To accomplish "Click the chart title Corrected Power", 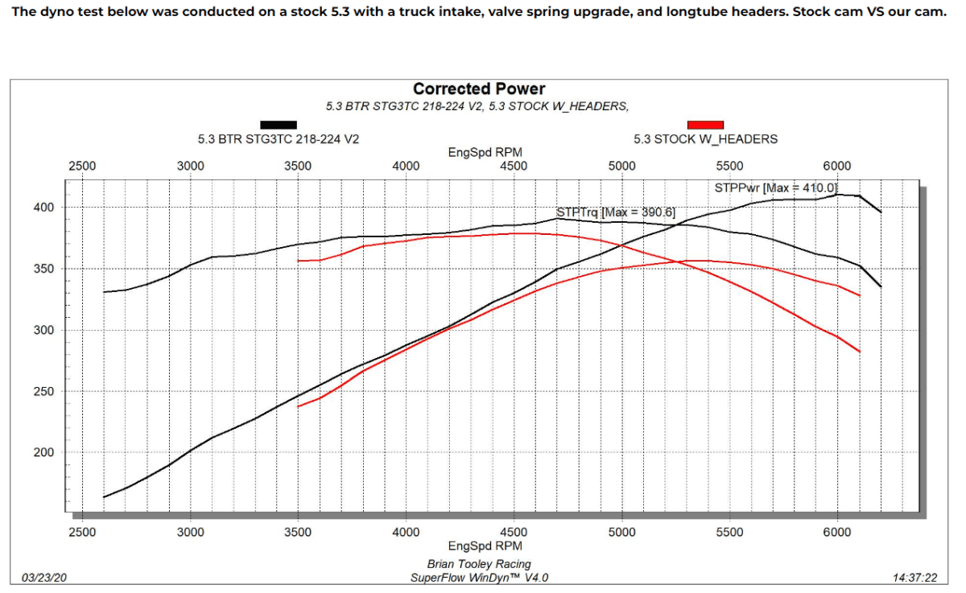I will click(479, 89).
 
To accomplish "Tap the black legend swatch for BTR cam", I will click(279, 125).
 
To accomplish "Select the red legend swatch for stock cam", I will click(705, 125).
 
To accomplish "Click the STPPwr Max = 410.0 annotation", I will click(777, 188).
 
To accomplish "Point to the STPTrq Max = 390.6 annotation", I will click(616, 212).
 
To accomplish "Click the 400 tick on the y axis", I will click(43, 208).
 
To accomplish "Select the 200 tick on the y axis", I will click(43, 452).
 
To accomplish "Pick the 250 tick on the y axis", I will click(43, 392).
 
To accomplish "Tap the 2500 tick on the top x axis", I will click(82, 167).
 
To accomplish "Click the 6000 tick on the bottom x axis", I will click(837, 532).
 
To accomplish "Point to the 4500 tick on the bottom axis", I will click(514, 532).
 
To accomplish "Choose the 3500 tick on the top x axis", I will click(298, 167).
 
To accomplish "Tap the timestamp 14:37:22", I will click(915, 577).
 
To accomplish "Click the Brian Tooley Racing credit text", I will click(479, 564).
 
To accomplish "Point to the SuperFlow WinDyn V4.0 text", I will click(481, 577).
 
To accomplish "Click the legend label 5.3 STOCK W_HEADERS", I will click(705, 138).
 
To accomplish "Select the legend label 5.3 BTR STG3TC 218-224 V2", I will click(279, 138).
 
